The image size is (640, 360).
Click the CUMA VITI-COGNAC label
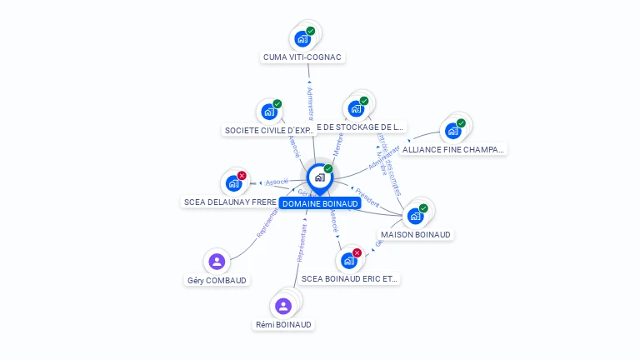[302, 57]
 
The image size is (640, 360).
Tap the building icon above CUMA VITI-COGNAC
[302, 38]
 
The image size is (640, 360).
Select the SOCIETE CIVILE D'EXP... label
[270, 130]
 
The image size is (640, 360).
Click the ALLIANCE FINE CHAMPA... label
[452, 150]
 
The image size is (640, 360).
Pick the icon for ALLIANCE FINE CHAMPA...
[452, 131]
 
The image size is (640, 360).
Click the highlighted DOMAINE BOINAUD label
[320, 203]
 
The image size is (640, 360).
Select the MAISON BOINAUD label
[416, 235]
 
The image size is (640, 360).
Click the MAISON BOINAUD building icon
[415, 216]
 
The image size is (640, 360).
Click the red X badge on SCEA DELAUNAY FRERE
[242, 176]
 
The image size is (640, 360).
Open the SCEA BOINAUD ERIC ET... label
[349, 279]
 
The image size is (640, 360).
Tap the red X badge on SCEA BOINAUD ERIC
[357, 252]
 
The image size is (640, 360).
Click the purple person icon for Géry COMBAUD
[217, 262]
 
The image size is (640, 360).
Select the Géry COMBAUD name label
[217, 281]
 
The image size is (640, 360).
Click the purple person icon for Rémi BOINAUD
[283, 306]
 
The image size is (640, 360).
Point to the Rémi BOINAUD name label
[283, 325]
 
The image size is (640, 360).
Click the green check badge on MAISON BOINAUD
[423, 208]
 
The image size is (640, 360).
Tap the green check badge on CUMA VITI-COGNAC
[310, 31]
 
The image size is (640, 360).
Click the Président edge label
[367, 202]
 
